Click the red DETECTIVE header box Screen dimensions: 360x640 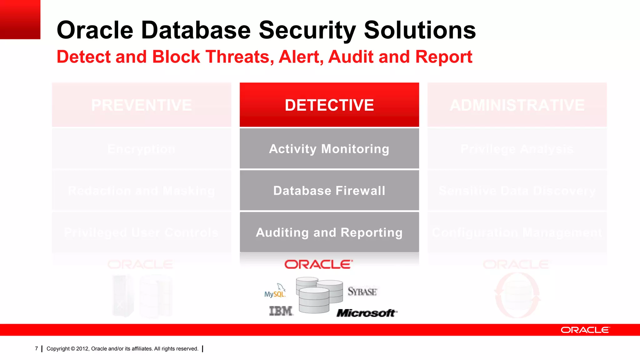coord(329,105)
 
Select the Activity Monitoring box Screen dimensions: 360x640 coord(329,149)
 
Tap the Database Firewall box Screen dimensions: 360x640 coord(329,190)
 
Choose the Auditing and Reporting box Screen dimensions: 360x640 coord(329,232)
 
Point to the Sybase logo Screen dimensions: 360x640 coord(362,292)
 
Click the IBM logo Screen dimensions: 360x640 coord(281,311)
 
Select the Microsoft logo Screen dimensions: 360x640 coord(367,312)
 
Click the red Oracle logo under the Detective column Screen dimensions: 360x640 coord(318,264)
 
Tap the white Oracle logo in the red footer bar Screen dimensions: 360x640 coord(585,330)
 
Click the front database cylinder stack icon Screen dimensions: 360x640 coord(314,300)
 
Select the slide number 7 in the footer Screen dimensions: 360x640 coord(37,348)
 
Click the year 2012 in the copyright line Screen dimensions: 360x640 coord(82,349)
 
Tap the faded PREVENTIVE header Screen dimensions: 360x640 coord(142,105)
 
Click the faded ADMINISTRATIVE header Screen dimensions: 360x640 coord(517,105)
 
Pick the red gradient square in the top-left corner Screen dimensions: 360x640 coord(20,19)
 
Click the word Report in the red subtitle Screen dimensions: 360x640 coord(443,57)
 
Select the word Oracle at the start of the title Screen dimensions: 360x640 coord(95,30)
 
